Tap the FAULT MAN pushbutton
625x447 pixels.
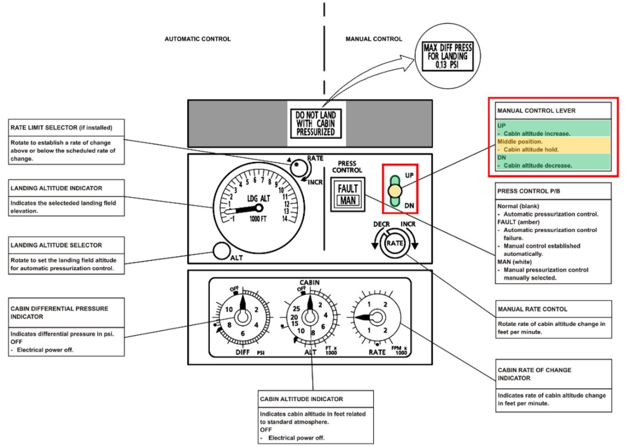[347, 194]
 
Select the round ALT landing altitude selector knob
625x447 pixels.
[221, 251]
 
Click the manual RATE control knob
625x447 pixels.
[395, 243]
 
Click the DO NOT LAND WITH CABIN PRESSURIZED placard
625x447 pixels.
[316, 123]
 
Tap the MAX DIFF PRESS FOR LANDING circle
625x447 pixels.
[447, 56]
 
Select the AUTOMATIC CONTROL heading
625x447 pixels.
[198, 39]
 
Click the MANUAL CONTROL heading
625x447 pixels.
[374, 39]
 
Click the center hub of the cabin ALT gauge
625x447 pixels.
[310, 317]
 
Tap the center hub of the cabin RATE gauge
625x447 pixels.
[377, 317]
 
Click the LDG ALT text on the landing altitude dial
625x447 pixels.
[258, 199]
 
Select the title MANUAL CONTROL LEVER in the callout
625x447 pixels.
[536, 111]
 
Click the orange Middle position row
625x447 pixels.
[553, 145]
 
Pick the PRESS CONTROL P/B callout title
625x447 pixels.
[529, 191]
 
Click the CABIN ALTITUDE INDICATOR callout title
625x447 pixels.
[302, 399]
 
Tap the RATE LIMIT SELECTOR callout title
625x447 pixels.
[62, 128]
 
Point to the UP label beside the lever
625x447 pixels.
[409, 176]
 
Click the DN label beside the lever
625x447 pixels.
[409, 206]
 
